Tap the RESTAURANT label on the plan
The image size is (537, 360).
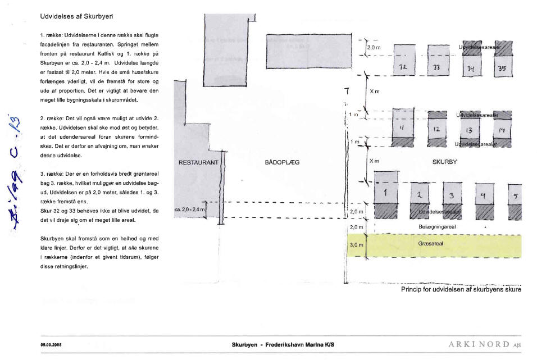(198, 162)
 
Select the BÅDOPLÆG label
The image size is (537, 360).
(282, 162)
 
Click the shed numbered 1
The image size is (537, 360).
(386, 193)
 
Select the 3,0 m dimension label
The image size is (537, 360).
(357, 244)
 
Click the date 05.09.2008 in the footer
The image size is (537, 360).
(51, 344)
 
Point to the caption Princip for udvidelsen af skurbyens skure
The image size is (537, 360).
(461, 290)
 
